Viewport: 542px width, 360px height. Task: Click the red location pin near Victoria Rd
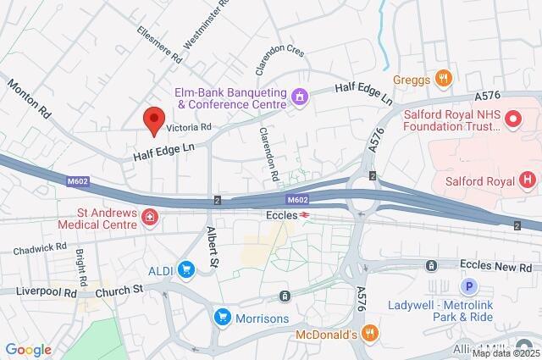[x=152, y=121]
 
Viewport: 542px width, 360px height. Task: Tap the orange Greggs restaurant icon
[x=442, y=79]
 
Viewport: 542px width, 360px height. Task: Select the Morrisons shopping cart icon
[x=222, y=317]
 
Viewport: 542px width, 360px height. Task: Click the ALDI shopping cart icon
[x=185, y=270]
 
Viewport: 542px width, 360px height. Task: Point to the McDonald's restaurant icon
[x=368, y=334]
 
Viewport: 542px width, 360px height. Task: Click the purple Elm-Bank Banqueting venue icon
[x=299, y=97]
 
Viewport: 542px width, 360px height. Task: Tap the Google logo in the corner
[x=28, y=350]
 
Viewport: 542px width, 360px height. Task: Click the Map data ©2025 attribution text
[x=506, y=353]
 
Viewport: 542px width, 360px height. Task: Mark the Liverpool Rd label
[x=47, y=290]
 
